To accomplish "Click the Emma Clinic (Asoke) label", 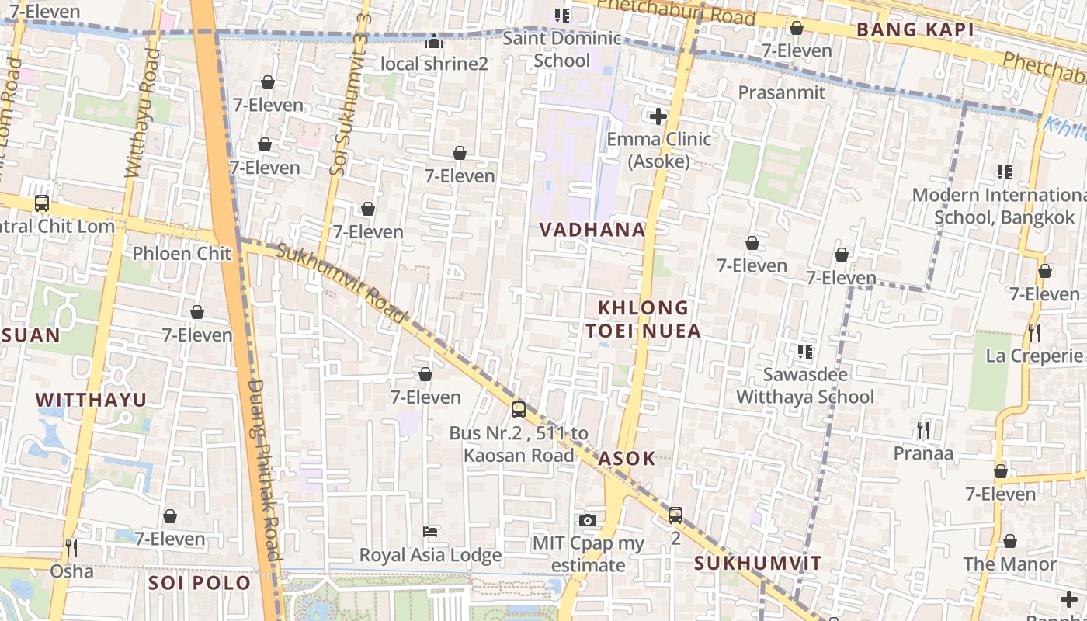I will click(x=658, y=150).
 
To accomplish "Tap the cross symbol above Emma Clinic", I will click(x=658, y=117).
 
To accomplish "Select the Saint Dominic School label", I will click(x=562, y=49).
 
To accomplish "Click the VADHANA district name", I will click(x=592, y=229).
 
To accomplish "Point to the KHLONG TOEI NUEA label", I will click(x=643, y=319).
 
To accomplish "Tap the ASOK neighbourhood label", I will click(x=627, y=458).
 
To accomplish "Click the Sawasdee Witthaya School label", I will click(x=805, y=386).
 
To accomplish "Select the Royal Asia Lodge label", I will click(x=430, y=555).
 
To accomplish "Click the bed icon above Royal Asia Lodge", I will click(x=430, y=532).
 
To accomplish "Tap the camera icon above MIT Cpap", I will click(x=588, y=520).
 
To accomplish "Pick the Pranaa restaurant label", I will click(x=923, y=453).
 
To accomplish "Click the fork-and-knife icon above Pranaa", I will click(x=923, y=429).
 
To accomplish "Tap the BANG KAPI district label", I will click(x=914, y=29).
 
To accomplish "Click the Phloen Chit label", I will click(x=182, y=253).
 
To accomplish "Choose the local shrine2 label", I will click(x=434, y=64).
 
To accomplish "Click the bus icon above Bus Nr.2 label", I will click(x=519, y=409).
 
